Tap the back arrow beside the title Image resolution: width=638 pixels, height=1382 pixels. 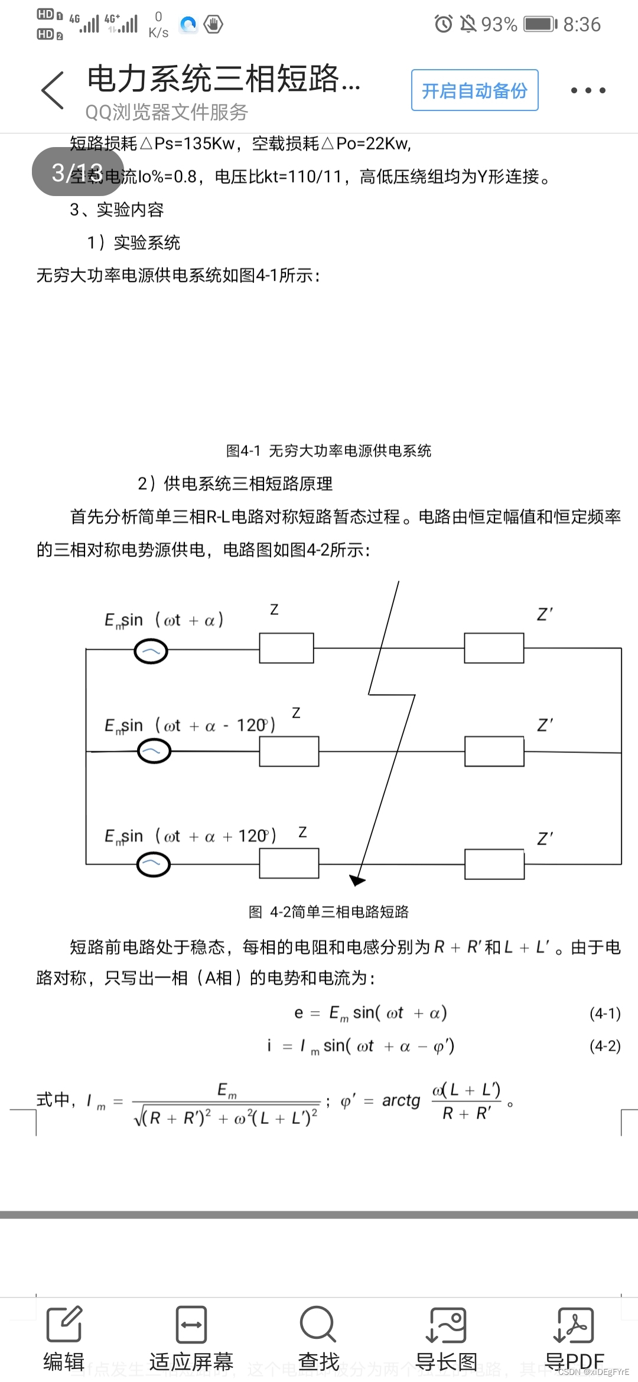coord(53,90)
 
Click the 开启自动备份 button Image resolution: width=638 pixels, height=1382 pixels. coord(474,90)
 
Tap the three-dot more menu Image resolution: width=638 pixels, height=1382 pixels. coord(588,90)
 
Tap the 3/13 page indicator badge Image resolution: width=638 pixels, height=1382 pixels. coord(77,172)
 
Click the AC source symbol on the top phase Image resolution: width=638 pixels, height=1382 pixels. coord(151,651)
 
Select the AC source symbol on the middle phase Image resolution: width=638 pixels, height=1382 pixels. coord(154,751)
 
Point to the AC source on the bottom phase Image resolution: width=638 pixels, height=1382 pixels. coord(153,864)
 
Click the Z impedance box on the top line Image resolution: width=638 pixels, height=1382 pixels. coord(287,648)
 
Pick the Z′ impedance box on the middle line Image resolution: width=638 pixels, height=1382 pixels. coord(494,751)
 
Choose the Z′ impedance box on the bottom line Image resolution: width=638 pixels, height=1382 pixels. coord(494,864)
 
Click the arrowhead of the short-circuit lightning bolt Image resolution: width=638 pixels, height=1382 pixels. coord(357,880)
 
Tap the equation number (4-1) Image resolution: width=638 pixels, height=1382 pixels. coord(605,1013)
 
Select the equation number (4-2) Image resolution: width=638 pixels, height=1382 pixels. coord(605,1046)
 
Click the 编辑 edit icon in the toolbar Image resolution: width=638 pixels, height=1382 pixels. coord(64,1324)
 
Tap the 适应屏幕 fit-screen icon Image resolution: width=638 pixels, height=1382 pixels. coord(191,1324)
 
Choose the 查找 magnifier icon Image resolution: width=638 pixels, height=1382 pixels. coord(318,1324)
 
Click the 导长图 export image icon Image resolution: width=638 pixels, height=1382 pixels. coord(446,1324)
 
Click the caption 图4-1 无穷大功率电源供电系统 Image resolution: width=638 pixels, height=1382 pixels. coord(328,451)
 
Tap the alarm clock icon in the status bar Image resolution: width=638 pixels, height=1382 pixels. coord(443,24)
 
